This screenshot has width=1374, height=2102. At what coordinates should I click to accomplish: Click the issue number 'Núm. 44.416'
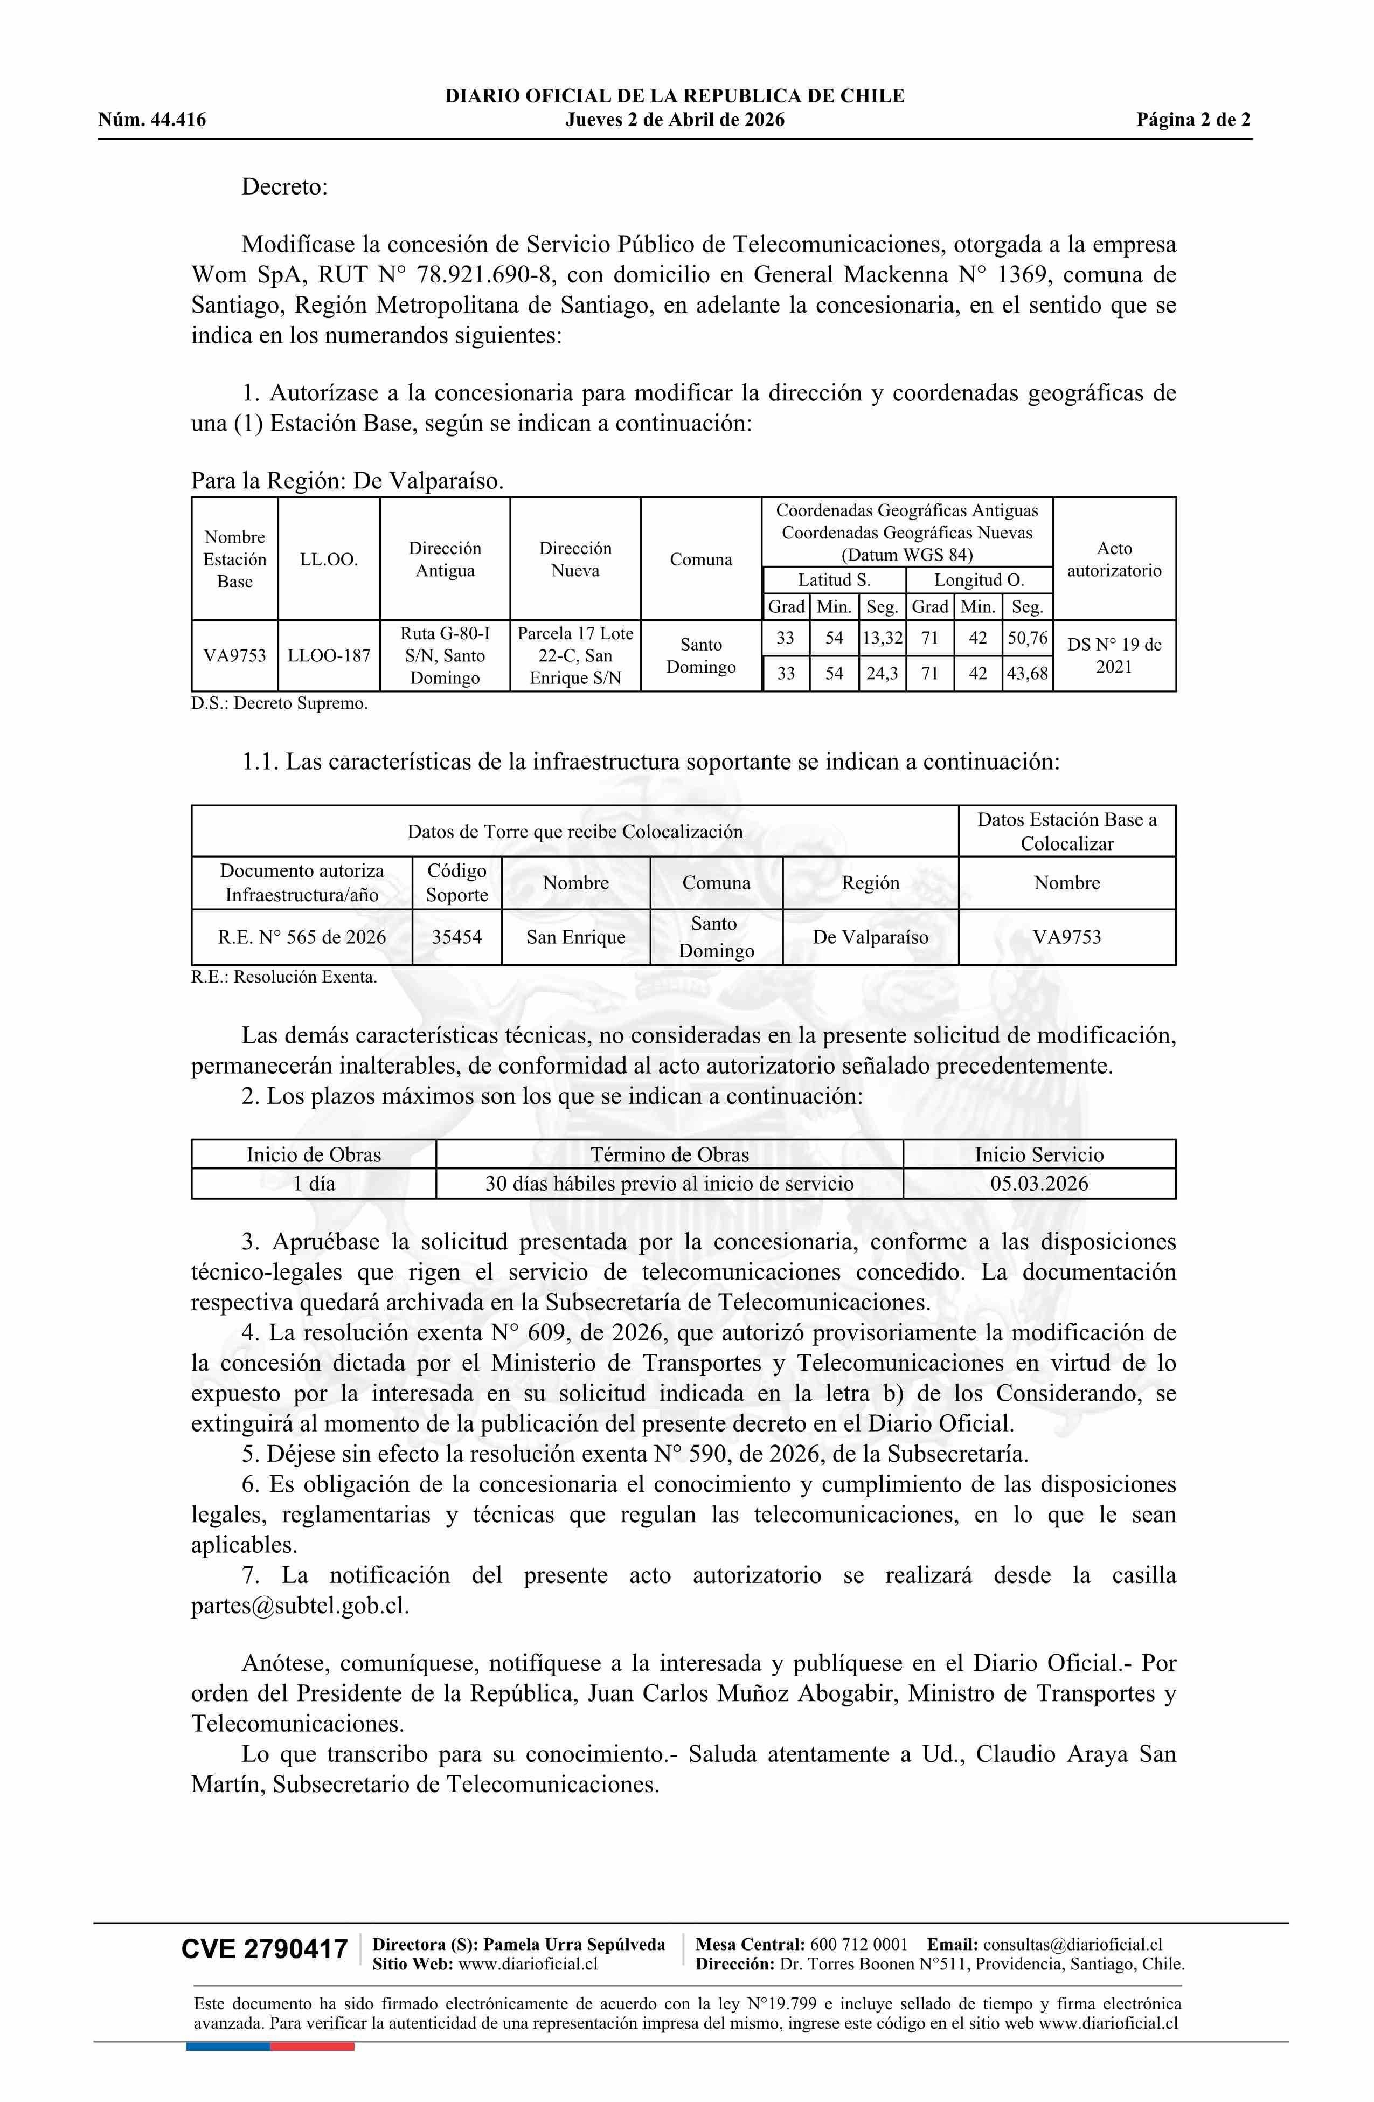click(152, 120)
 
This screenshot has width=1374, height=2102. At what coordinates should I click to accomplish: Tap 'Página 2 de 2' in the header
click(1193, 120)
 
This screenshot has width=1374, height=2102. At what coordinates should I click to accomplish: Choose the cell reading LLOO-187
click(329, 655)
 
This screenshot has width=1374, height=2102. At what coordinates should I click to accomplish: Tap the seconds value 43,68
click(1027, 674)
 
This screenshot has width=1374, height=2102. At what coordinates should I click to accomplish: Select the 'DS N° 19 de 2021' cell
click(1114, 655)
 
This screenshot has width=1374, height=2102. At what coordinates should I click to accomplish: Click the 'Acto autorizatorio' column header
click(1114, 559)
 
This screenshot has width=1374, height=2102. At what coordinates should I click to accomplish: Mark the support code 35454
click(456, 937)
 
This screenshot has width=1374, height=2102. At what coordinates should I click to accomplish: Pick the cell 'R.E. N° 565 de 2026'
click(302, 937)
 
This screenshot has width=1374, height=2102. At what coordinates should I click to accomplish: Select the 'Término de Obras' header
click(669, 1154)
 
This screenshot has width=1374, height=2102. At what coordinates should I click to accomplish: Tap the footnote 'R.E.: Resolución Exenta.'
click(284, 977)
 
